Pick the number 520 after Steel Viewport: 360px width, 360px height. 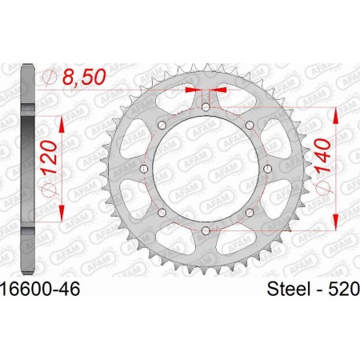pos(342,286)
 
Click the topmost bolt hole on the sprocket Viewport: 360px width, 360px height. pos(205,106)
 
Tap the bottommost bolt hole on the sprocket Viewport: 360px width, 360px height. pos(205,231)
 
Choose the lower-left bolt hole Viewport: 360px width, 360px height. pos(161,213)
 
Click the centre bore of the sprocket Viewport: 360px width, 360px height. pos(205,169)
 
